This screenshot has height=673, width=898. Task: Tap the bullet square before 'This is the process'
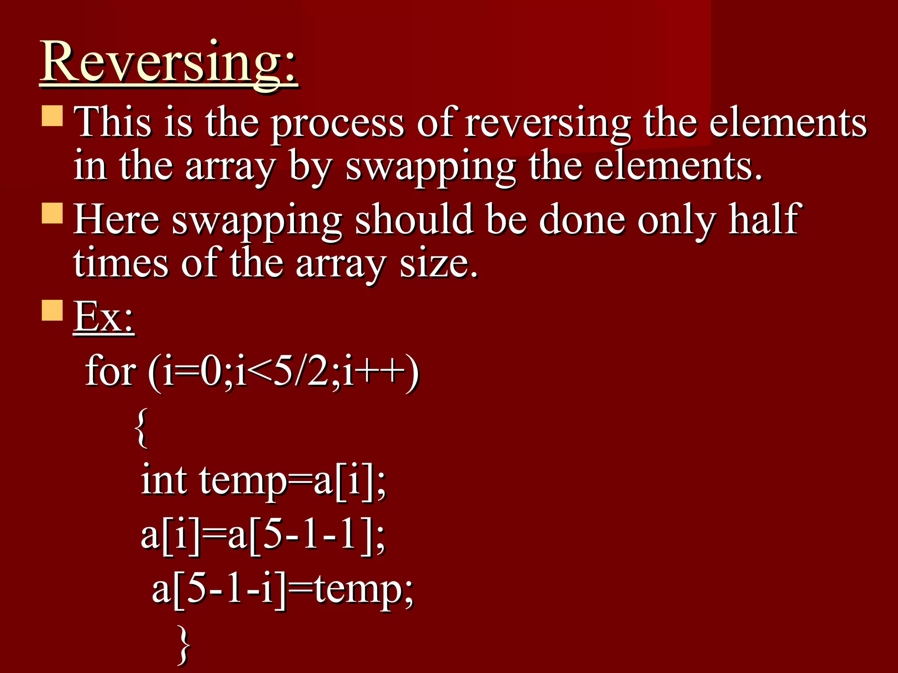tap(52, 115)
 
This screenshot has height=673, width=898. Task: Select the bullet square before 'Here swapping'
tap(52, 213)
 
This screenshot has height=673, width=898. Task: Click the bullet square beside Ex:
tap(52, 310)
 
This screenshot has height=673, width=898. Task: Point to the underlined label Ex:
tap(103, 316)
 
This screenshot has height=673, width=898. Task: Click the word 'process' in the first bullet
tap(337, 124)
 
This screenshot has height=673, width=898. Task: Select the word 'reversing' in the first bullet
tap(548, 124)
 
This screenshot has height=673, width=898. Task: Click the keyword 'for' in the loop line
tap(110, 372)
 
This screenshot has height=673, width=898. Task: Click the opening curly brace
tap(141, 428)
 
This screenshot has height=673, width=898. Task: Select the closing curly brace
tap(184, 644)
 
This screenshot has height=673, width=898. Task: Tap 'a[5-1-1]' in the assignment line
tap(307, 535)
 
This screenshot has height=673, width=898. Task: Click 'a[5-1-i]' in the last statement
tap(219, 589)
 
